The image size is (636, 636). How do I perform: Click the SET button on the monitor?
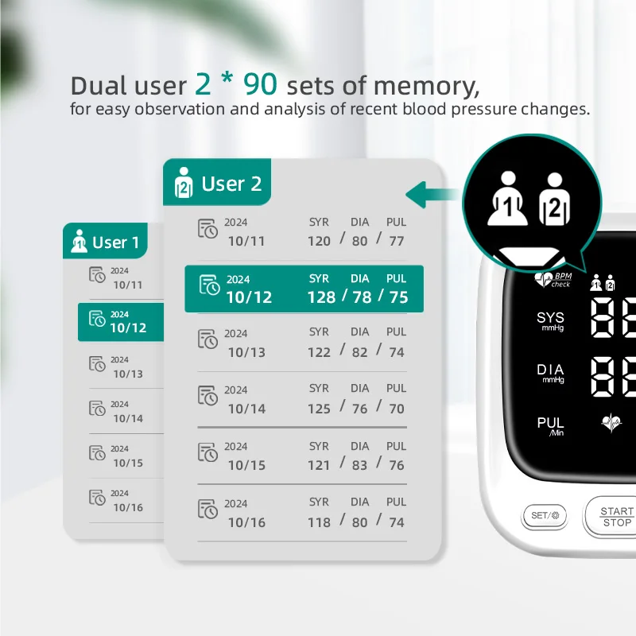(x=545, y=515)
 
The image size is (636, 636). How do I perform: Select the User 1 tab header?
(x=105, y=242)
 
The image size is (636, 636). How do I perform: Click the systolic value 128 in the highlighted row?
(x=321, y=297)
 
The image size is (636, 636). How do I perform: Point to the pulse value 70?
(x=397, y=409)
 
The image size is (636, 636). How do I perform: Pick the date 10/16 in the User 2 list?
(x=246, y=522)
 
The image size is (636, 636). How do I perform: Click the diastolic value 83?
(x=360, y=465)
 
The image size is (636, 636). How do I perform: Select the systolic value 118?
(x=319, y=522)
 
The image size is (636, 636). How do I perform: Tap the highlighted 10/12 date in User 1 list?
(x=127, y=328)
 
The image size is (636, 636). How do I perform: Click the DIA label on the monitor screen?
(x=550, y=371)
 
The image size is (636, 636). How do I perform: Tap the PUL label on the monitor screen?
(x=550, y=425)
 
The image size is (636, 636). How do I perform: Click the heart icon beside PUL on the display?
(x=611, y=424)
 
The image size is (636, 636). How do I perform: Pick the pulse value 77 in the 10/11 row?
(x=397, y=241)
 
